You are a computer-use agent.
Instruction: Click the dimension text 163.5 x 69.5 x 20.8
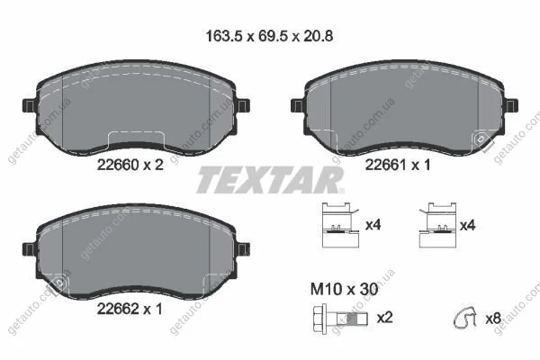point(269,36)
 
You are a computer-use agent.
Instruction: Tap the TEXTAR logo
point(270,180)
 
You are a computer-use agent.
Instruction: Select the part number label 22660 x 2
point(130,166)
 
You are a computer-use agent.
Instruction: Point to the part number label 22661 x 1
point(398,166)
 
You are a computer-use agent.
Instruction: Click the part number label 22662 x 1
point(130,309)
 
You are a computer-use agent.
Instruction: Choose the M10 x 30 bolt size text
point(344,290)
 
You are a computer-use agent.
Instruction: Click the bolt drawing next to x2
point(340,318)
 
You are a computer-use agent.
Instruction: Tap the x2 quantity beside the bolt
point(384,318)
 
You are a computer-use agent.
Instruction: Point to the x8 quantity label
point(493,319)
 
